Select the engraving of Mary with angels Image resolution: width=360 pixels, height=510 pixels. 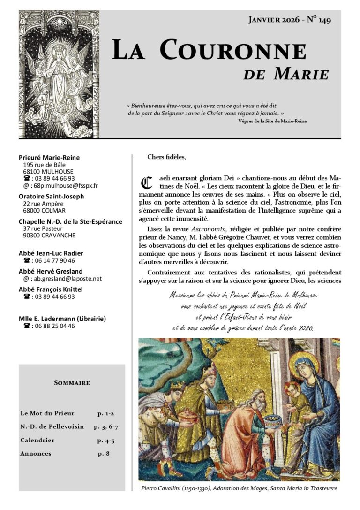point(59,74)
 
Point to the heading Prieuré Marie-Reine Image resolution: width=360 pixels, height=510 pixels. point(49,158)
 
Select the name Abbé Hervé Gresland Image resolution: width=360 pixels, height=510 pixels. point(51,271)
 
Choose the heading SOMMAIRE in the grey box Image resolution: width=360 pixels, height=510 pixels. point(72,383)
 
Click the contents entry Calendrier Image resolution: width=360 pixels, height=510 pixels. point(37,441)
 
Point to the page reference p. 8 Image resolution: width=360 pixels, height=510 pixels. point(104,454)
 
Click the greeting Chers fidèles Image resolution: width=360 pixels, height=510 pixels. point(166,157)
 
